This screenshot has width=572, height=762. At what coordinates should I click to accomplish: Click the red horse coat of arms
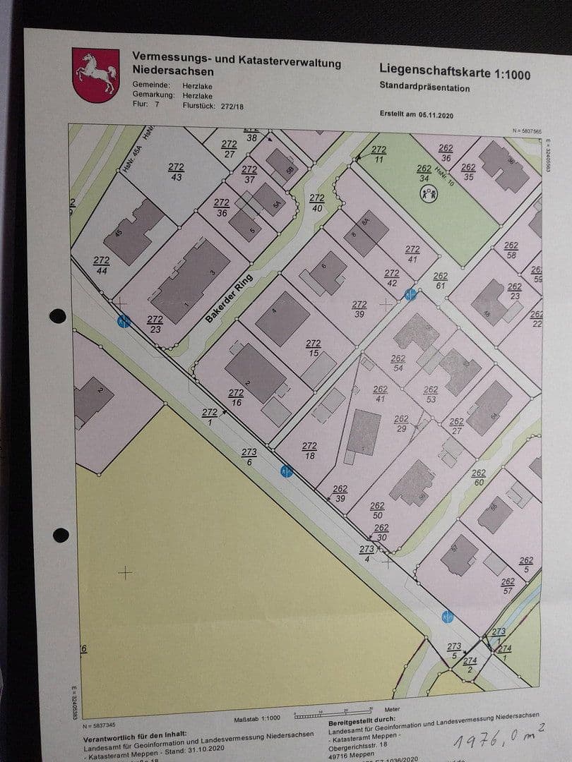point(95,75)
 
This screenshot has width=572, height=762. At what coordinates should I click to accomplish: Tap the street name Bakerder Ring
point(230,298)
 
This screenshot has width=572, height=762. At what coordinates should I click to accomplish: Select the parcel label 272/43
point(176,171)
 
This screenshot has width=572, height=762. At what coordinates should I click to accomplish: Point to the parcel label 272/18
point(309,450)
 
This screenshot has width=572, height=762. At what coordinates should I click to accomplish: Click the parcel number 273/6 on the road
point(249,456)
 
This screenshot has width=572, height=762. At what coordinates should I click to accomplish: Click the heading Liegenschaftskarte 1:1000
point(454,71)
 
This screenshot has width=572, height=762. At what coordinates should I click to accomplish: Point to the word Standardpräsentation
point(424,87)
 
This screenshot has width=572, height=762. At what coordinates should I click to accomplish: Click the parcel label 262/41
point(380,394)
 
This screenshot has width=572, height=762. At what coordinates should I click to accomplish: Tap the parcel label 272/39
point(359,309)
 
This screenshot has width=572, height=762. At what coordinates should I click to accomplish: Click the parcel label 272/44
point(102,265)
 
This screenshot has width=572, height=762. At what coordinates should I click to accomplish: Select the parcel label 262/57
point(508,586)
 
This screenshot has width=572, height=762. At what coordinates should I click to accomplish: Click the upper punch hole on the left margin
point(58,315)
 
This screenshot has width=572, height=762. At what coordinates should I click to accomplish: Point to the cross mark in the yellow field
point(125,572)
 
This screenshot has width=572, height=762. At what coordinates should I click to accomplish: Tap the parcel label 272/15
point(313,348)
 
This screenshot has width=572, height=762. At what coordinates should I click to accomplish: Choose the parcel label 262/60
point(479,478)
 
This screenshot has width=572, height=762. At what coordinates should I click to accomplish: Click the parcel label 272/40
point(317,202)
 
